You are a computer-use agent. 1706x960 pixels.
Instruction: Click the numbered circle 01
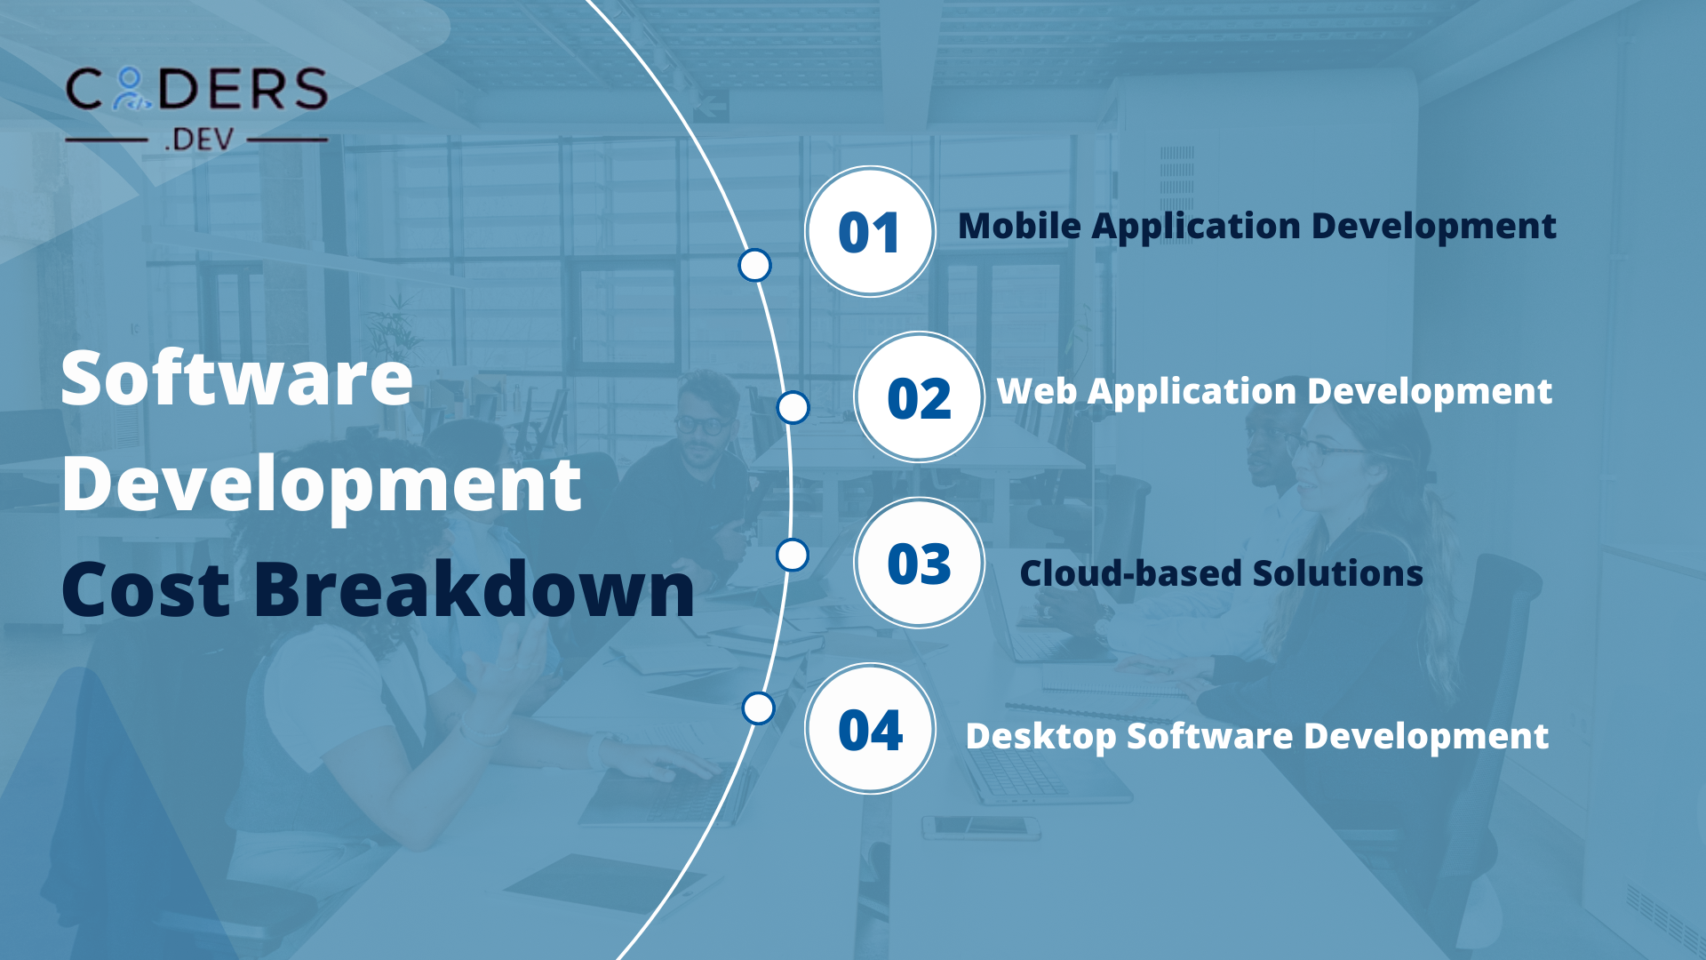[x=869, y=231]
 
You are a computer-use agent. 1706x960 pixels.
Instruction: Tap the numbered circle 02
[x=919, y=396]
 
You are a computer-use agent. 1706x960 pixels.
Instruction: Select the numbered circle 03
[x=919, y=563]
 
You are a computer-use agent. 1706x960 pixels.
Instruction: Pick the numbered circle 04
[x=869, y=729]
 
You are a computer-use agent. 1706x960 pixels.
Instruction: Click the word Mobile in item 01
[x=1019, y=226]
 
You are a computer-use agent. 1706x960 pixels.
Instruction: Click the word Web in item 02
[x=1035, y=391]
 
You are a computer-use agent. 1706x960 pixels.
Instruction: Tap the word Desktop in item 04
[x=1040, y=737]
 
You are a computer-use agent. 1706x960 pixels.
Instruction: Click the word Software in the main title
[x=237, y=379]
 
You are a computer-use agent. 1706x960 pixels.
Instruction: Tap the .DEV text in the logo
[x=199, y=140]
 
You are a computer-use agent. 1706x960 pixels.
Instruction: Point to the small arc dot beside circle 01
[x=754, y=265]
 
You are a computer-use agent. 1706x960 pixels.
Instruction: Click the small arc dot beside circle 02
[x=793, y=408]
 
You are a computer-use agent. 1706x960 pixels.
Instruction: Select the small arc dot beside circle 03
[x=793, y=556]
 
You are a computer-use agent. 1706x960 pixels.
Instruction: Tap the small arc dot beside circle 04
[x=758, y=708]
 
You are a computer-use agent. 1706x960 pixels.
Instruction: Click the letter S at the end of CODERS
[x=312, y=90]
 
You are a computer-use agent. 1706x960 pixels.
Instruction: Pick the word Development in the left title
[x=321, y=486]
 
